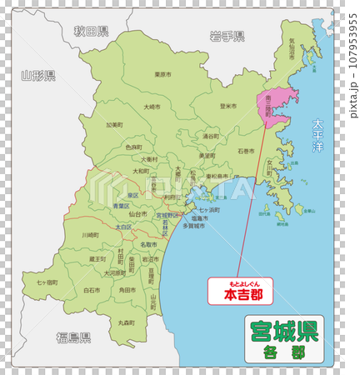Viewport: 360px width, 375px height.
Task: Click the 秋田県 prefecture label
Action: pos(91,32)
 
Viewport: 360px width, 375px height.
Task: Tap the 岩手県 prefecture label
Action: pos(227,36)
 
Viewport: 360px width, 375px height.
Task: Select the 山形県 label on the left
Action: pos(37,76)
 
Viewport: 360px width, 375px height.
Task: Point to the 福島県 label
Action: pos(73,337)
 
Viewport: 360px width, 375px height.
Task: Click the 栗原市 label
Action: pos(164,74)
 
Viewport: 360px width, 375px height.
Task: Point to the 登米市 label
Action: pos(228,106)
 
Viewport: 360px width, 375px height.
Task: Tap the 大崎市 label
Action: pos(152,107)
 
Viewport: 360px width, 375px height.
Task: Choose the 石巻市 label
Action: pos(246,152)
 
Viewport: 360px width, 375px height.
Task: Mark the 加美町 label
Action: pos(114,125)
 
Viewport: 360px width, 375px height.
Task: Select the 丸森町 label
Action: pos(127,322)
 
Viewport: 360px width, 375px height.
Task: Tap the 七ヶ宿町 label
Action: pos(47,283)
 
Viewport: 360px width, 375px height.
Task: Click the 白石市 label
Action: pos(92,290)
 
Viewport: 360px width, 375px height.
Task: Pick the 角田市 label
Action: pos(127,290)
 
